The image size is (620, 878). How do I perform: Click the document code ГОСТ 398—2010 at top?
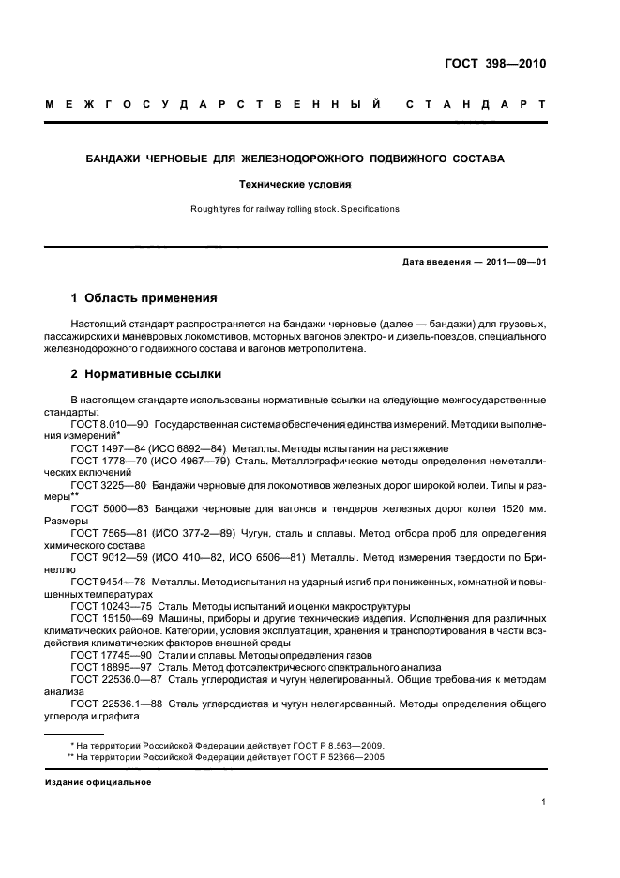pos(493,65)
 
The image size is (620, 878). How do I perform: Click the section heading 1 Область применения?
pos(144,298)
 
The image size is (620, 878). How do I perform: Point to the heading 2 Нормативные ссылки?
pos(146,373)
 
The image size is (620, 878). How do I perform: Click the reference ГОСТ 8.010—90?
pos(110,424)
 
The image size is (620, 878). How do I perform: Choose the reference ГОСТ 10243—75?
pos(111,607)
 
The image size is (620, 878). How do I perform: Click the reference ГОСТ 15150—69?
pos(111,619)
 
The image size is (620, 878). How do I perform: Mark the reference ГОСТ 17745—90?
pos(111,656)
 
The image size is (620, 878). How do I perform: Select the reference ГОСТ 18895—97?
pos(111,668)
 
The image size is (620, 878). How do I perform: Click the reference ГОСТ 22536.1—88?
pos(115,704)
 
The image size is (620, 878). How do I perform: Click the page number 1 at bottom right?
pos(543,802)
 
